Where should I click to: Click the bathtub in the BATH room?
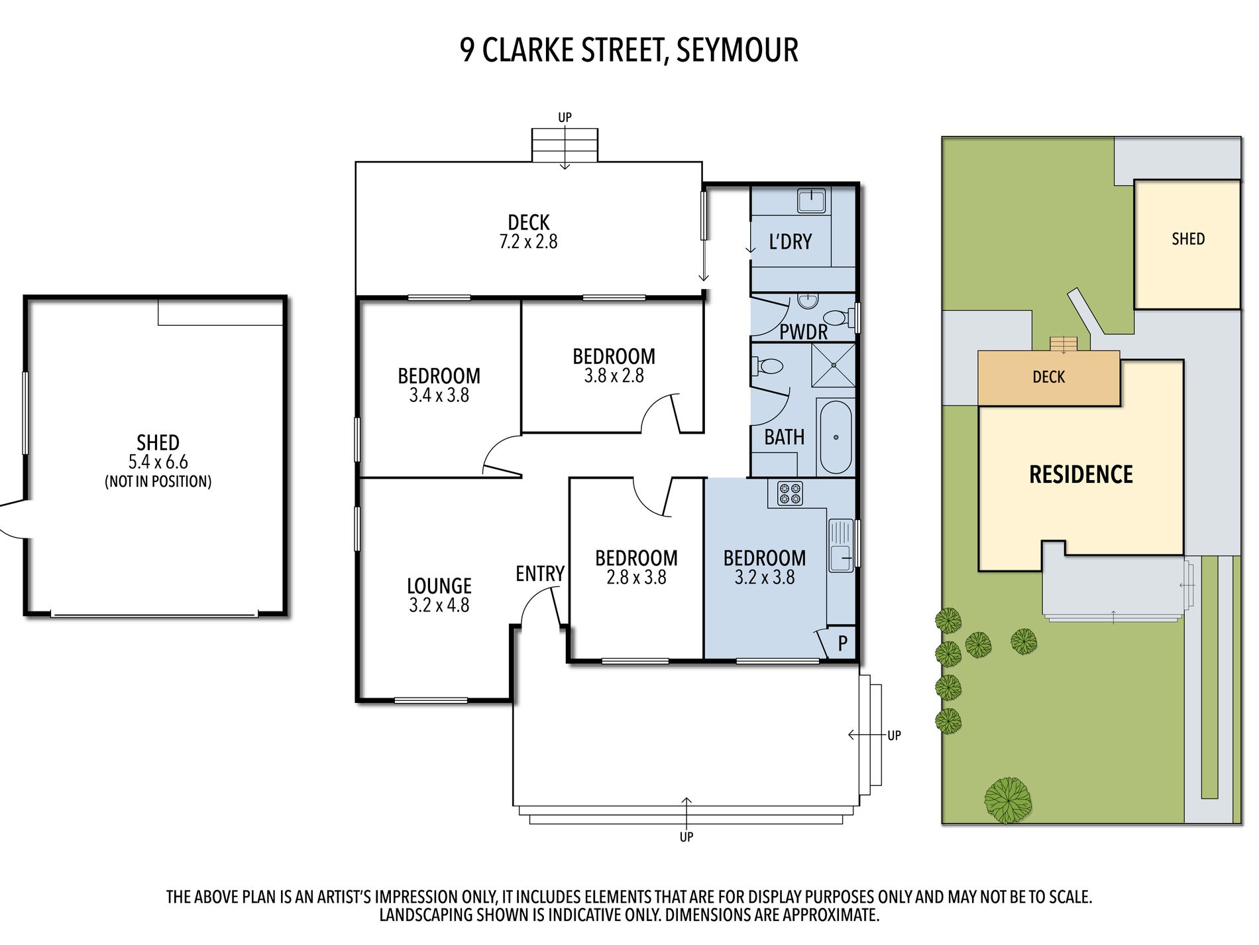click(836, 436)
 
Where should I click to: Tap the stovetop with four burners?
click(790, 493)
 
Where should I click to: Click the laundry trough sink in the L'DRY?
click(811, 200)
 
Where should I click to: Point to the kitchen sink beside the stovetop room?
click(840, 545)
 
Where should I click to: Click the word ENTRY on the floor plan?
click(540, 574)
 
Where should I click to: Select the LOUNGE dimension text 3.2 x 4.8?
click(439, 605)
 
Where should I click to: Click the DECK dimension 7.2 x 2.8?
click(528, 241)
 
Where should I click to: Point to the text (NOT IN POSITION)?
click(158, 481)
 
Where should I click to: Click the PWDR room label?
click(803, 332)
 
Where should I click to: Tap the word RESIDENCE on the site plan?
click(1081, 474)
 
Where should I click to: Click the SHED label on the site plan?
click(1188, 239)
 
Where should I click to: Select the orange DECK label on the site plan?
click(1048, 377)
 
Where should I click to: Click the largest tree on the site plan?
click(1008, 800)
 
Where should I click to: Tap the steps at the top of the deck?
click(565, 145)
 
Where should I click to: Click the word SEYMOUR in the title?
click(738, 50)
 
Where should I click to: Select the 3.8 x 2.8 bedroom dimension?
click(614, 375)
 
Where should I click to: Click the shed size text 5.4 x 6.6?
click(158, 462)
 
